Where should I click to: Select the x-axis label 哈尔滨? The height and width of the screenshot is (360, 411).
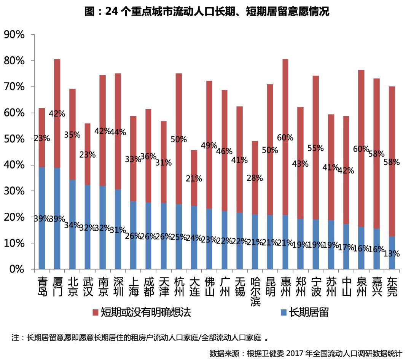pyautogui.click(x=255, y=291)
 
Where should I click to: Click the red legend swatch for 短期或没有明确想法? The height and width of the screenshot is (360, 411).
pyautogui.click(x=95, y=313)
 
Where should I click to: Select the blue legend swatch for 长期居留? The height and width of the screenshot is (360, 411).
pyautogui.click(x=283, y=313)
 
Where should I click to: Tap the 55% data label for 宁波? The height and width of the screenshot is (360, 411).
pyautogui.click(x=316, y=148)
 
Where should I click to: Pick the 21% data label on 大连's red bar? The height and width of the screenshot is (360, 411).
pyautogui.click(x=194, y=178)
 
